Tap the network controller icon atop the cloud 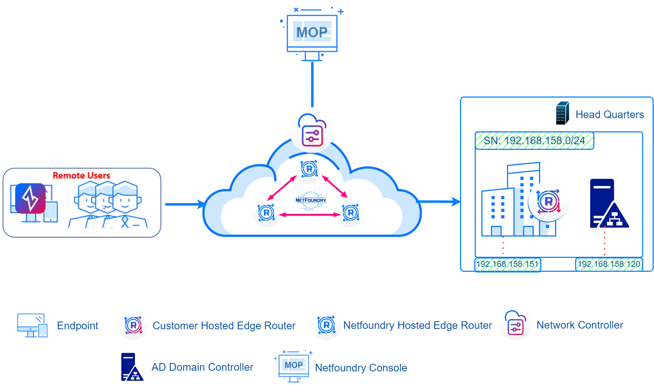coord(312,131)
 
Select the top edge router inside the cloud coord(309,169)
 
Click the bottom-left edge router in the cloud coord(266,213)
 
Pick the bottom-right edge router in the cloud coord(351,213)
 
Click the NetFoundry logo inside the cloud coord(310,200)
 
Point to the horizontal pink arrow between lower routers coord(310,215)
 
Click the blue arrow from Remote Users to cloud coord(185,204)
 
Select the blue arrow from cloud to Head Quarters coord(439,201)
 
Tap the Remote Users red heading coord(81,175)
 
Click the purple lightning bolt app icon coord(30,198)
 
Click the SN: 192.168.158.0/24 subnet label coord(534,141)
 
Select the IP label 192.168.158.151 coord(508,264)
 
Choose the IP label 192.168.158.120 coord(609,264)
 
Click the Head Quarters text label coord(609,115)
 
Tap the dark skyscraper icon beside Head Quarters coord(562,113)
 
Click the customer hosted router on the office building coord(548,201)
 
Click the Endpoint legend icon coord(32,325)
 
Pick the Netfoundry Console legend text coord(361,368)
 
